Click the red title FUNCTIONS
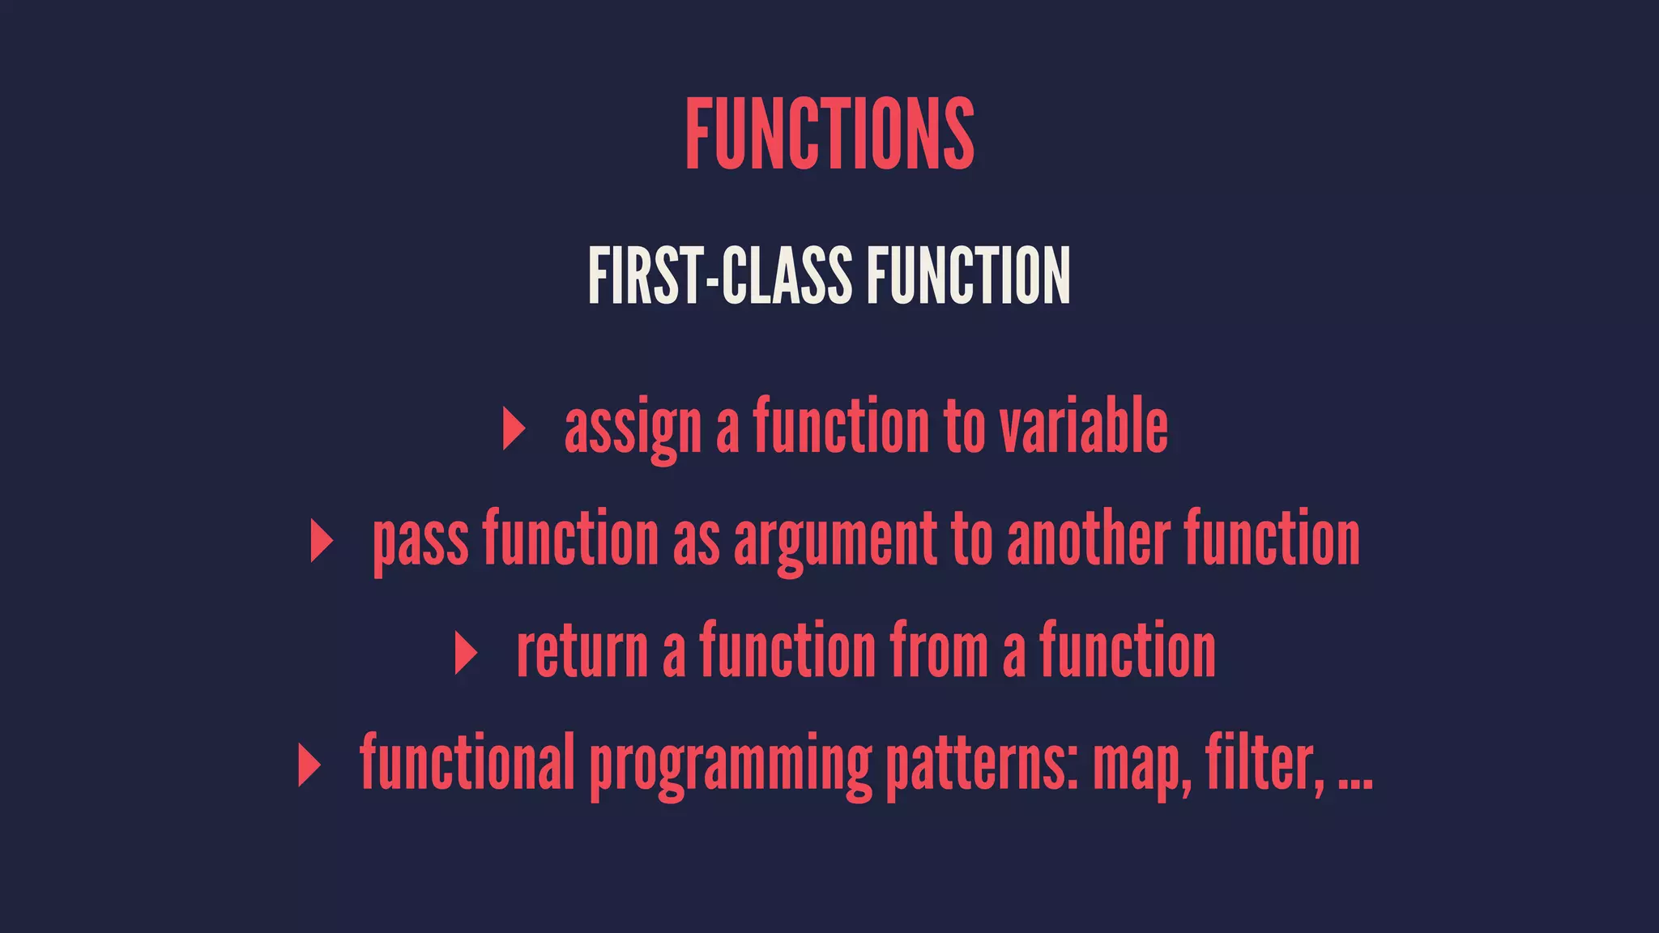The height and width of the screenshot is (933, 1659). click(829, 134)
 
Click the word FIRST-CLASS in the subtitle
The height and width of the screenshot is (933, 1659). click(719, 276)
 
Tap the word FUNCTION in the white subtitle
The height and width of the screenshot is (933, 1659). click(968, 276)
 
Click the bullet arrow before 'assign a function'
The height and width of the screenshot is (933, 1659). click(514, 428)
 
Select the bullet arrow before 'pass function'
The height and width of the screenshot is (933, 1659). click(322, 541)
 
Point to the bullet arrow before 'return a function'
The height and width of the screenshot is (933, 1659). click(466, 653)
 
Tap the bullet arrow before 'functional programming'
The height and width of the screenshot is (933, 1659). click(309, 765)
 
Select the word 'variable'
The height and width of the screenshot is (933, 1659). click(1083, 427)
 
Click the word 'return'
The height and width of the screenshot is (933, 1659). click(582, 653)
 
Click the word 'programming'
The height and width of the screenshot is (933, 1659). click(730, 765)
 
